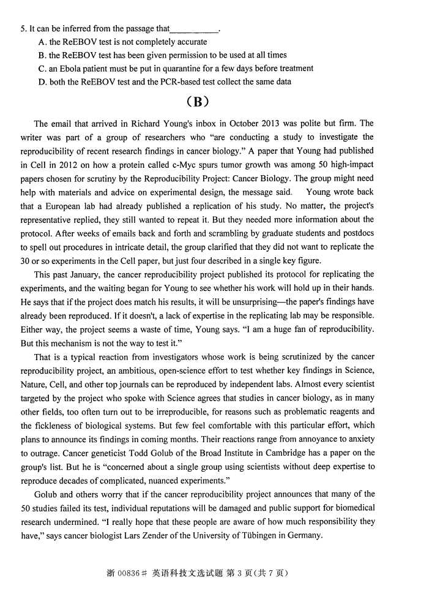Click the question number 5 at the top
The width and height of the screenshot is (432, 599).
pos(23,29)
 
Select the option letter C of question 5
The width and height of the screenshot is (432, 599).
pos(41,69)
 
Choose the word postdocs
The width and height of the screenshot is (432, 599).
pos(356,233)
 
